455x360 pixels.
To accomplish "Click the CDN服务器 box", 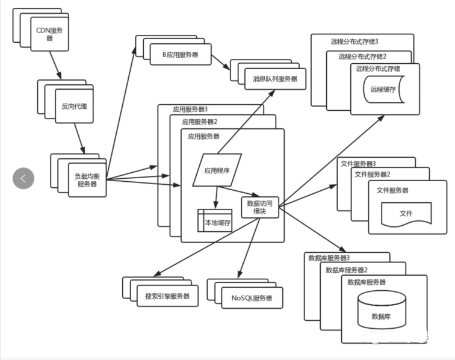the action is (x=49, y=34).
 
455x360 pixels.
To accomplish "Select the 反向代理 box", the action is (x=74, y=106).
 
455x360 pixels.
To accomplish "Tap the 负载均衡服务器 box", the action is (x=87, y=180).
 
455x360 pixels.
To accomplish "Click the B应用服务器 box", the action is (x=181, y=54).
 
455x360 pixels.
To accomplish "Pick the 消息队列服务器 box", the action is (x=275, y=79).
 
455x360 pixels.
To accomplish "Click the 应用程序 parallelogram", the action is (x=217, y=170).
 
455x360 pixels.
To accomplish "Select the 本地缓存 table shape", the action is (x=215, y=220).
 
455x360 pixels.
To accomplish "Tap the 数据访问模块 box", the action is (x=260, y=207).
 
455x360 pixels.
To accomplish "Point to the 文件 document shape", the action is (x=406, y=214).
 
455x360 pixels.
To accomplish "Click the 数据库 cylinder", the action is (x=382, y=310).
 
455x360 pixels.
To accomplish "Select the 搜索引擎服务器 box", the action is (x=167, y=296).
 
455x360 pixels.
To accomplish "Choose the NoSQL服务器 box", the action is (x=252, y=298).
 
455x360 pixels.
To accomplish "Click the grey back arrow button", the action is (x=23, y=178).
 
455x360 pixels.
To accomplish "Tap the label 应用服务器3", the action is (x=190, y=110).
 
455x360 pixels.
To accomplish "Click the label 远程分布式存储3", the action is (x=354, y=42).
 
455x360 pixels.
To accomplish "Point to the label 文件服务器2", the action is (x=373, y=174).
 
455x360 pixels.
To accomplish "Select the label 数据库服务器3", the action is (x=329, y=258).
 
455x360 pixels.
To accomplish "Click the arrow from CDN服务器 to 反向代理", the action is (x=55, y=66).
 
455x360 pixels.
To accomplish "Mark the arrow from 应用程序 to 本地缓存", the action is (x=216, y=197).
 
